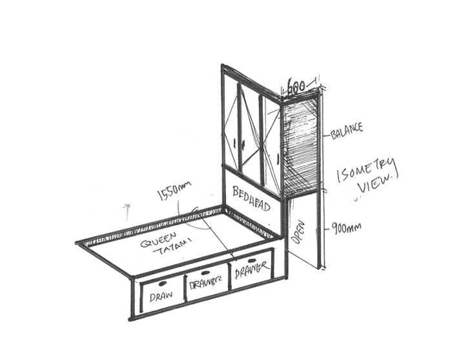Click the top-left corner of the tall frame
click(x=223, y=66)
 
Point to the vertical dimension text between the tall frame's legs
click(x=298, y=235)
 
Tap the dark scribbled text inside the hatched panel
click(x=302, y=126)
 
